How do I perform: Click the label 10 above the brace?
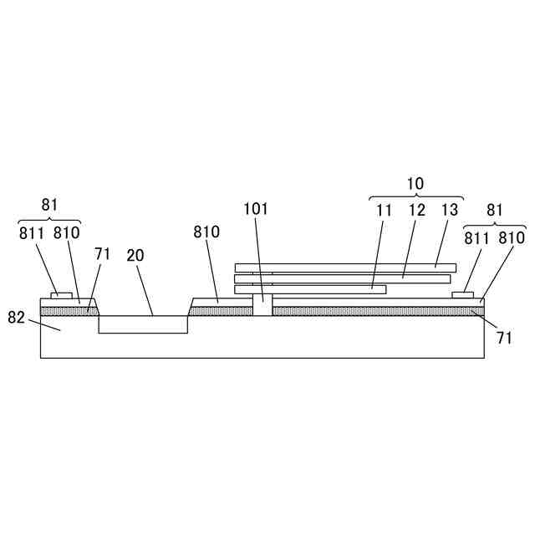[415, 184]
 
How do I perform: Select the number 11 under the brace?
[384, 210]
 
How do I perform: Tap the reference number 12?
[417, 210]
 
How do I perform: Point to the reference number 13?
[451, 210]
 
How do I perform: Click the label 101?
[256, 209]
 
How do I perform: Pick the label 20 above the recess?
[135, 256]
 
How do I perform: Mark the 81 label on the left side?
[49, 203]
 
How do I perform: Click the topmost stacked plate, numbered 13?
[345, 267]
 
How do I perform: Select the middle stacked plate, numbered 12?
[345, 278]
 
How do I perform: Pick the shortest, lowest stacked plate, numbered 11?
[310, 289]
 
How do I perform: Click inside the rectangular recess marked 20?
[143, 324]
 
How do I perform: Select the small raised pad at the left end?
[62, 294]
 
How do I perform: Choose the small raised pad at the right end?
[463, 294]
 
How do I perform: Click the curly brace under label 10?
[416, 195]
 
